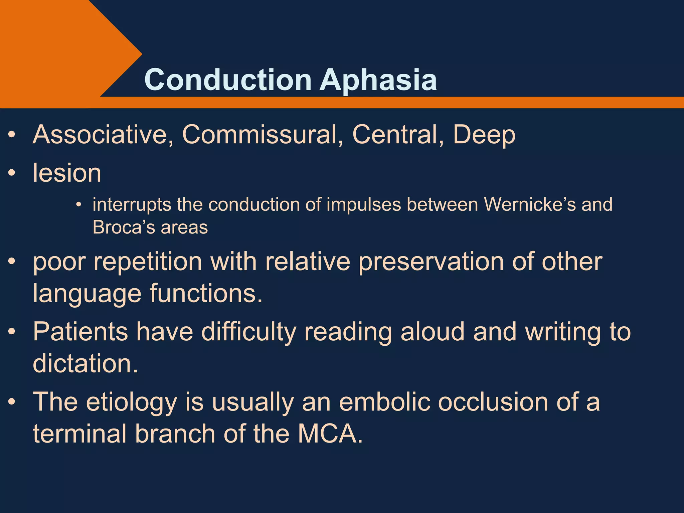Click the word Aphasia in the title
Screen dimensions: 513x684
click(x=378, y=80)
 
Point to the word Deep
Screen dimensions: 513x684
click(x=484, y=135)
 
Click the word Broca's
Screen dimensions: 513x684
click(x=123, y=227)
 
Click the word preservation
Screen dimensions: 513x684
click(x=431, y=262)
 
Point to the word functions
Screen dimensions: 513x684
click(x=205, y=294)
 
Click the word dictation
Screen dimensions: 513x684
click(x=85, y=364)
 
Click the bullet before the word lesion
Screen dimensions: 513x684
click(x=12, y=173)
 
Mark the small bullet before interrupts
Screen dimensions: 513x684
click(x=78, y=205)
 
